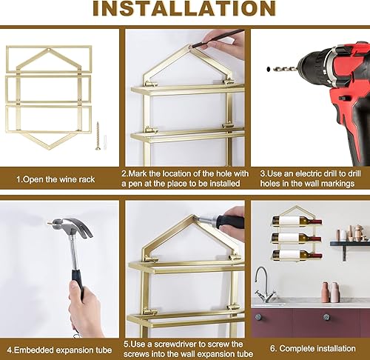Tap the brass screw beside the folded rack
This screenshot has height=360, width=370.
click(97, 137)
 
